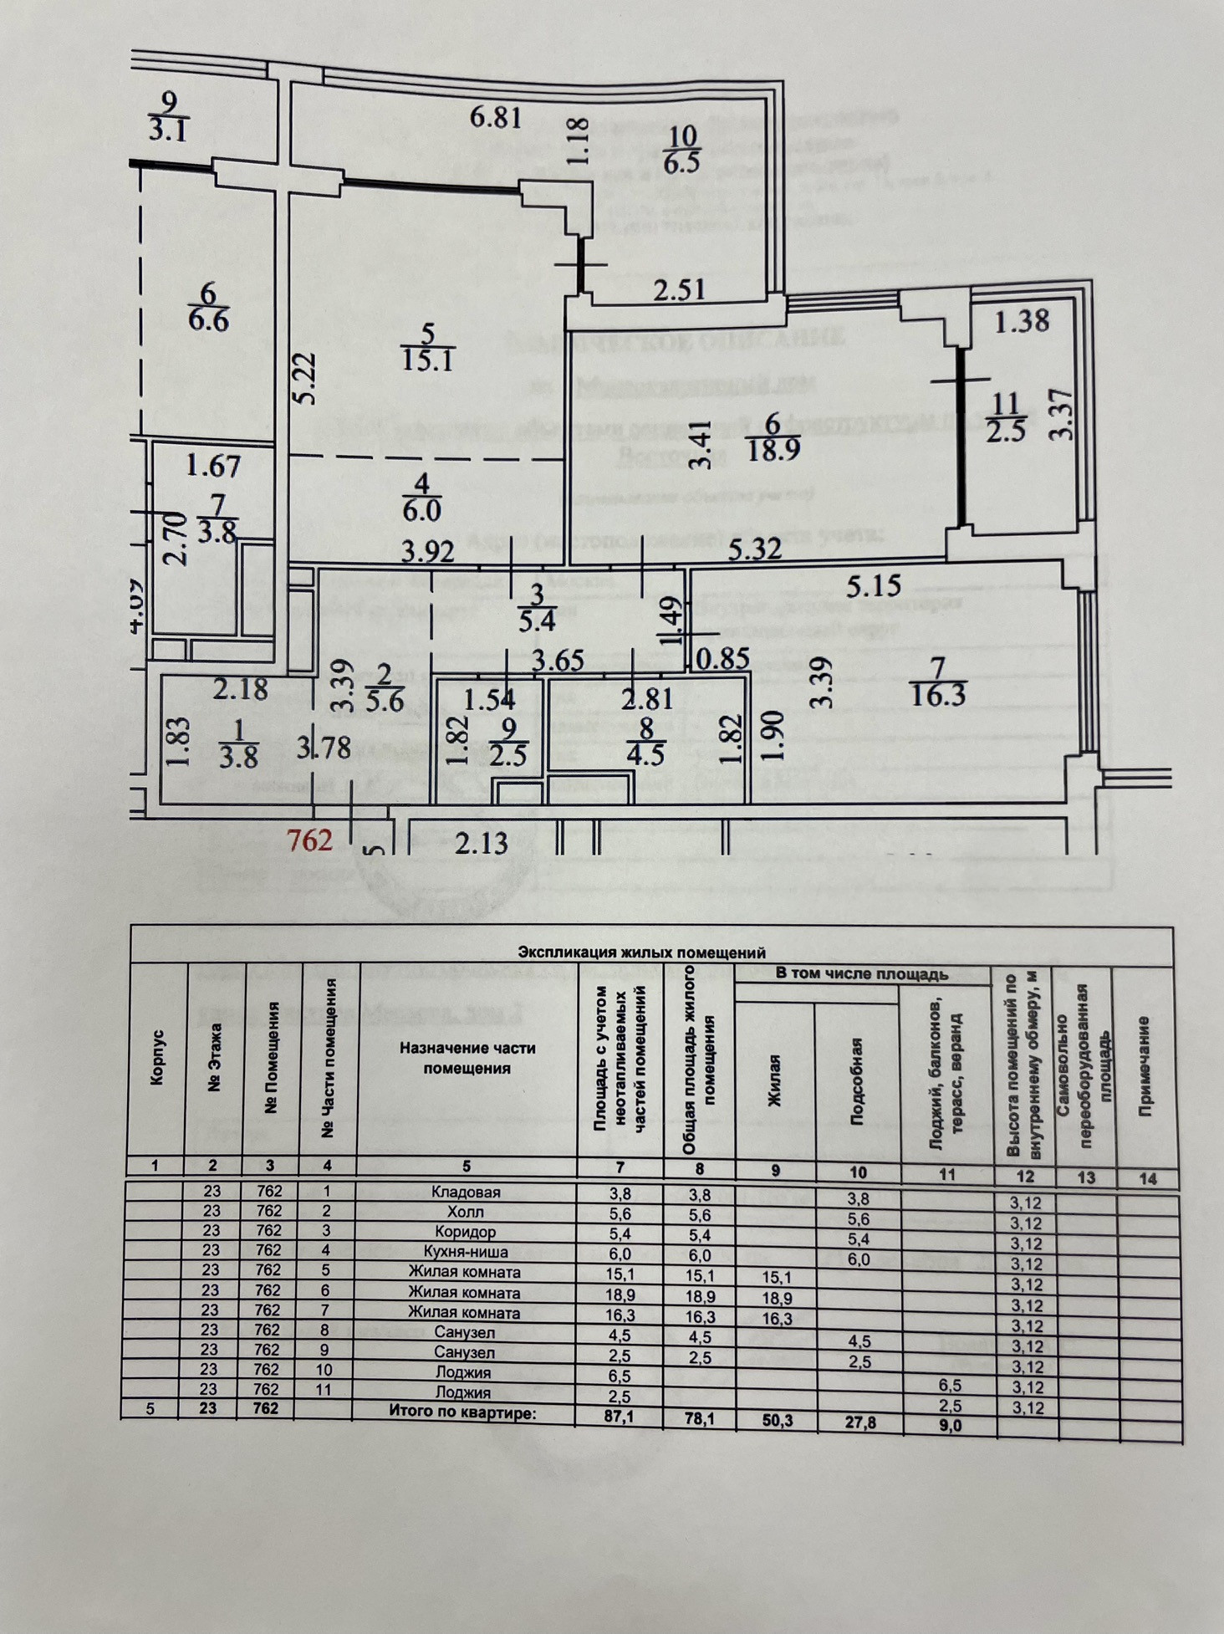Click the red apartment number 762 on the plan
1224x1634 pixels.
click(x=309, y=840)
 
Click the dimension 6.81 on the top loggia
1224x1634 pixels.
click(x=496, y=117)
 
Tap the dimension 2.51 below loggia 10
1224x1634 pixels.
click(x=680, y=290)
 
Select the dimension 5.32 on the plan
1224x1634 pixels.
click(x=754, y=549)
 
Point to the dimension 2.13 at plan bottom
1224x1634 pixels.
click(x=482, y=842)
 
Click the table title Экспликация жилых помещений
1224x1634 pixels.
click(x=642, y=952)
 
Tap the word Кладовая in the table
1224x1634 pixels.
click(x=466, y=1192)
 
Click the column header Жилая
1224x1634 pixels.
click(x=774, y=1080)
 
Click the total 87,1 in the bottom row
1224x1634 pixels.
click(x=620, y=1412)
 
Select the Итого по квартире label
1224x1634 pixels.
click(x=462, y=1411)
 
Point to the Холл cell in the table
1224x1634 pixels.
click(x=466, y=1212)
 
